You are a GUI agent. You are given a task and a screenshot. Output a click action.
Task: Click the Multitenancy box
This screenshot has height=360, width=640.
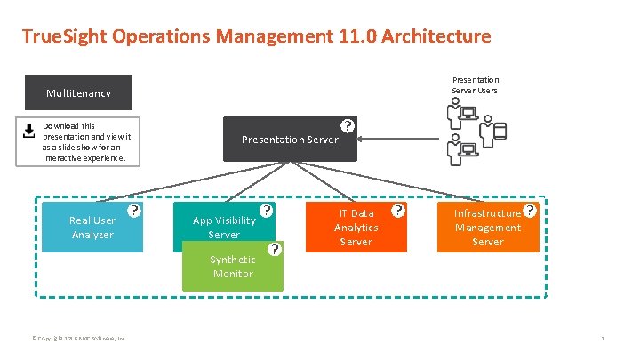78,92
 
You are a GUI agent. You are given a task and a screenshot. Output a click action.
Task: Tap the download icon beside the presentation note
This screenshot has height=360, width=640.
28,129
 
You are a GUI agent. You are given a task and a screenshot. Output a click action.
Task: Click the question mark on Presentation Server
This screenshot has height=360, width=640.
348,125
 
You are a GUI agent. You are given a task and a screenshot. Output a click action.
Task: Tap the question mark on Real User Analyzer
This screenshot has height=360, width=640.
132,212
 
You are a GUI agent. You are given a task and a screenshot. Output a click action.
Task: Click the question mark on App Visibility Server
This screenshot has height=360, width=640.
265,212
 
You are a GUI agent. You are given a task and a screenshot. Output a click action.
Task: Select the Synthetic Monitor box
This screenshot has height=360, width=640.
231,267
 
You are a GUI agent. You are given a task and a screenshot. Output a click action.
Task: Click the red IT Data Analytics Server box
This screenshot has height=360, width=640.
356,228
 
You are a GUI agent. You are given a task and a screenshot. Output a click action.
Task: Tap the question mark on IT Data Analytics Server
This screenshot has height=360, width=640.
398,212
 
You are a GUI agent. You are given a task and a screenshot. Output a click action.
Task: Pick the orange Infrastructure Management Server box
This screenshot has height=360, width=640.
488,228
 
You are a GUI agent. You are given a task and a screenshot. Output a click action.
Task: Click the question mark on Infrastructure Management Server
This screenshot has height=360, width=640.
531,212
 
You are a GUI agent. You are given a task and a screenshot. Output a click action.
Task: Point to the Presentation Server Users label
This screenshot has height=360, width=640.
476,84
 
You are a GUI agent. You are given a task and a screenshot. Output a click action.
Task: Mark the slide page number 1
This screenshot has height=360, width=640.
603,338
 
